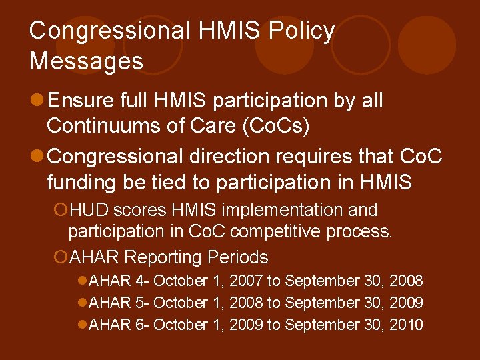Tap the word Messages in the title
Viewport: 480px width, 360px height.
86,61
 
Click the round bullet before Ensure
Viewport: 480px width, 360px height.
37,101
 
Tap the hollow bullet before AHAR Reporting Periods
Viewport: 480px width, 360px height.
60,257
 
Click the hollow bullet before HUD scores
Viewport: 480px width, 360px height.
60,210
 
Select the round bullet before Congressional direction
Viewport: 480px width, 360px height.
37,157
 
